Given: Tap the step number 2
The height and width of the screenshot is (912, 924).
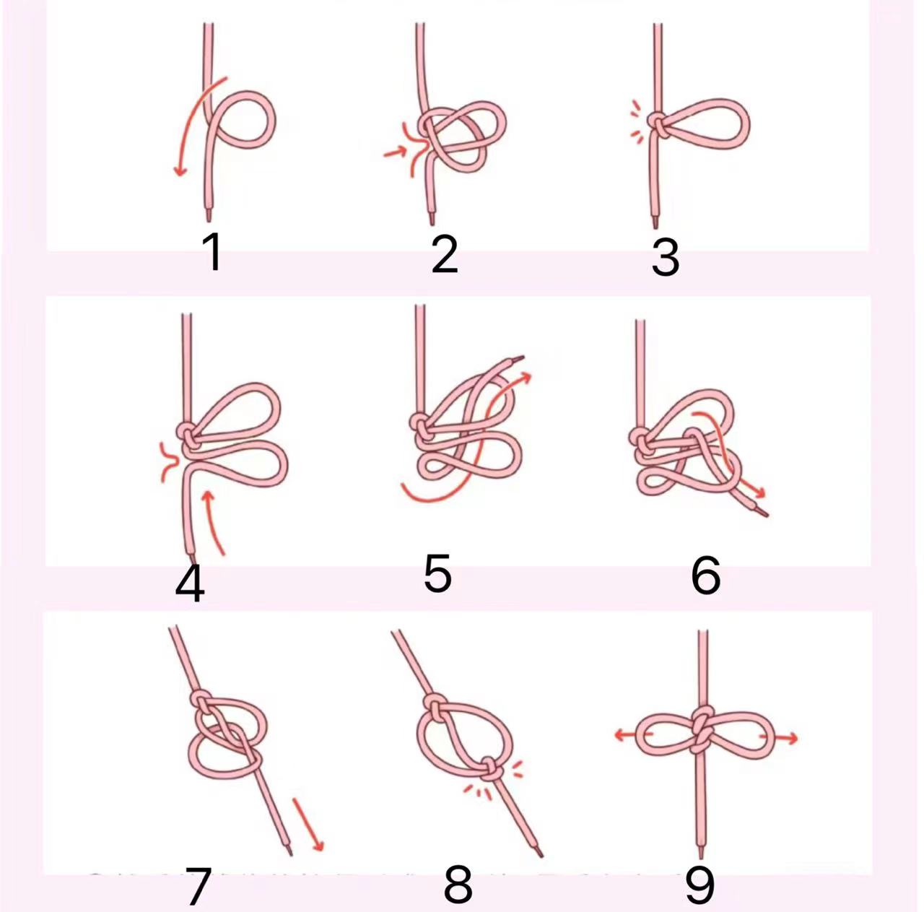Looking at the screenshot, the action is point(444,255).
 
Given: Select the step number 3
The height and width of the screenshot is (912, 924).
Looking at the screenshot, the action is point(665,257).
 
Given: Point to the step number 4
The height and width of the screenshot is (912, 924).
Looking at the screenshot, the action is point(189,583).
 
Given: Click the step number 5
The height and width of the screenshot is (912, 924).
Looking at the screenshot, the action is point(437,572).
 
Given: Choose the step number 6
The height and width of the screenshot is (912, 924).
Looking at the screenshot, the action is point(705,574).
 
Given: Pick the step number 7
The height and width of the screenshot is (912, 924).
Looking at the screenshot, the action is point(197,885).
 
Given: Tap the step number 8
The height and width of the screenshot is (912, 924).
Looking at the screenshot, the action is point(458,883).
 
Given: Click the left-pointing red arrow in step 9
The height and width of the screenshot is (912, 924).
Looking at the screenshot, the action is point(633,734).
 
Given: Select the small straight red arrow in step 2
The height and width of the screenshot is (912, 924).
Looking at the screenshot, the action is point(395,152).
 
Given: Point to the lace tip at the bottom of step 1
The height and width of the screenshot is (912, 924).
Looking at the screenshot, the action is point(209,215).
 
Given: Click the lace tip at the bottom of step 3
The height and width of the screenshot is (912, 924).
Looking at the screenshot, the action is point(655,222).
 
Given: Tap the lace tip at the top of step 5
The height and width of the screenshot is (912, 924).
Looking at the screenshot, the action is point(516,358).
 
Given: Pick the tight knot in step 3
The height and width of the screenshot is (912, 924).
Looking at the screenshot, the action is point(658,125).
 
